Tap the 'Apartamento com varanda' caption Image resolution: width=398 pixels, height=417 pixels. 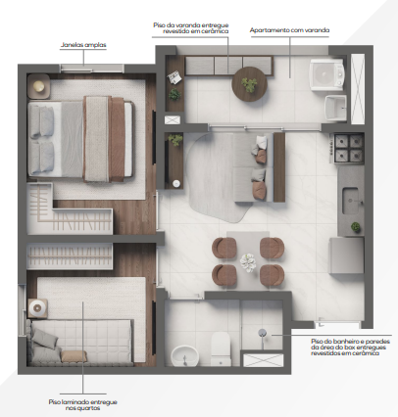(290, 30)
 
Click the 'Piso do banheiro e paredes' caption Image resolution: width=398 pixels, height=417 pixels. (344, 342)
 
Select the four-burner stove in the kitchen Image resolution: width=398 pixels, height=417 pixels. (348, 148)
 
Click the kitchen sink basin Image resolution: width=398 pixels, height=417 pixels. (351, 199)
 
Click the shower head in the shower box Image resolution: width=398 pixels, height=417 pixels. (263, 333)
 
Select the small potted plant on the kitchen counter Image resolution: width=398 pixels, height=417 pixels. (356, 227)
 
